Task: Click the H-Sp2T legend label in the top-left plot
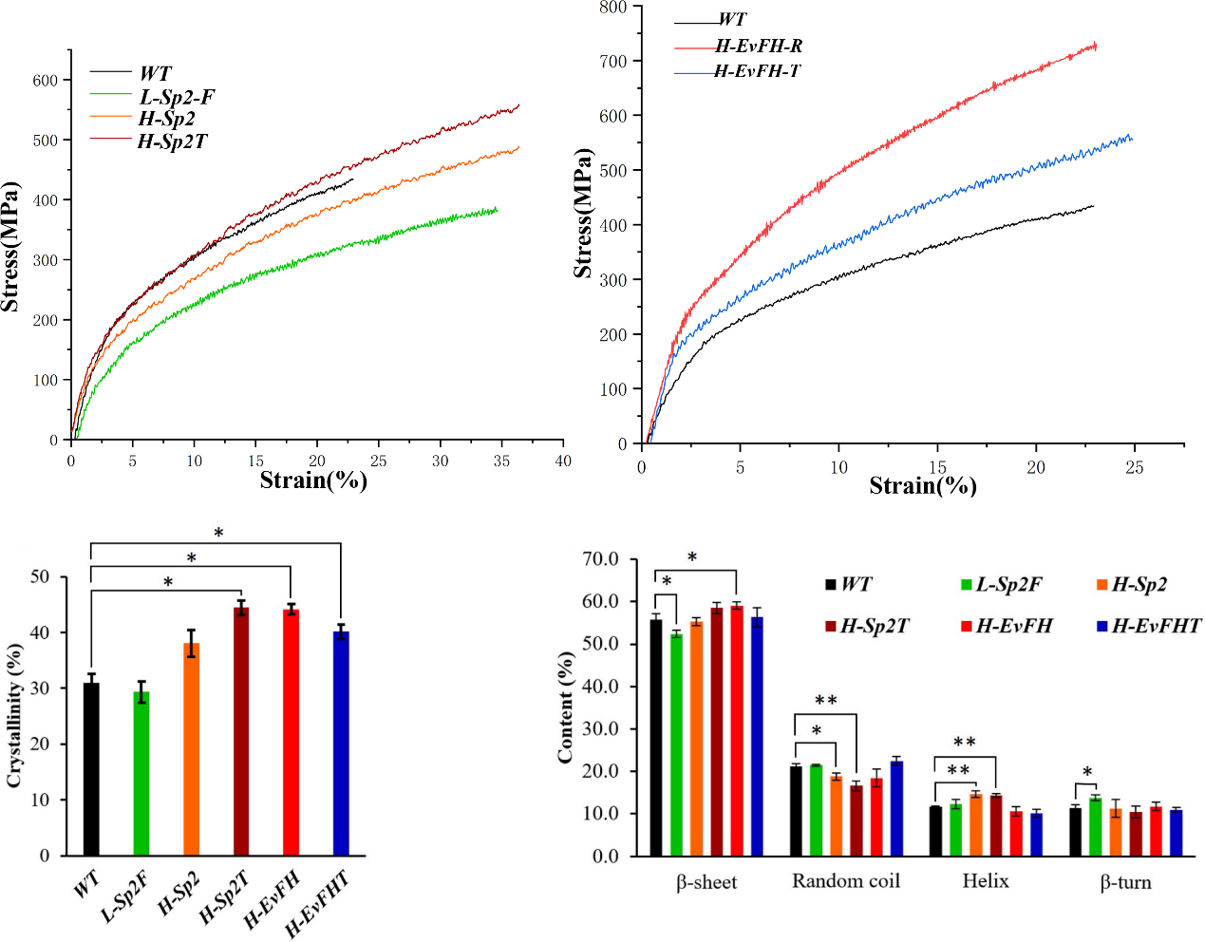tap(172, 141)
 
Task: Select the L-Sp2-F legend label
tap(177, 97)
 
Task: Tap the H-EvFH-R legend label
tap(759, 46)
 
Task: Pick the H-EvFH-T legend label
tap(757, 71)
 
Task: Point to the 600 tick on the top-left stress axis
tap(45, 81)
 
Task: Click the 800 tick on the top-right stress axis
tap(612, 8)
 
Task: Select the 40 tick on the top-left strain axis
tap(563, 461)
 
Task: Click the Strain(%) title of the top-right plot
tap(923, 486)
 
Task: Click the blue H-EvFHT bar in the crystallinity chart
tap(341, 743)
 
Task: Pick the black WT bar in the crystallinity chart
tap(91, 768)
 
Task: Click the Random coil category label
tap(845, 881)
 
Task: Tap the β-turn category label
tap(1125, 882)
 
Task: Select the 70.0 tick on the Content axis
tap(599, 559)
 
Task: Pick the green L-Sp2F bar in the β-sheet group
tap(676, 744)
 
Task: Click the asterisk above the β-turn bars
tap(1087, 772)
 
